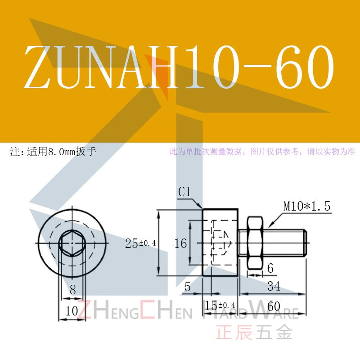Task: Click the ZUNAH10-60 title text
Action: click(179, 67)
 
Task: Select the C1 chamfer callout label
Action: click(184, 192)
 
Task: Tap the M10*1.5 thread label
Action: click(307, 206)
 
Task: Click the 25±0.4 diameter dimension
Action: click(140, 243)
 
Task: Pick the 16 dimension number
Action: click(181, 243)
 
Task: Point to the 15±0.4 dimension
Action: click(220, 306)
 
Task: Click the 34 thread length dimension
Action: click(274, 286)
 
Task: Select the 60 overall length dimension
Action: click(274, 306)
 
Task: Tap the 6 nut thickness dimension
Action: click(270, 268)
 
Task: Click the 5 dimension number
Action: click(188, 287)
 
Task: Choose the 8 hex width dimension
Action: click(72, 289)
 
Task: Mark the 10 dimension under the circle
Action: click(72, 311)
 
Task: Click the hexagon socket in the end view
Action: click(72, 243)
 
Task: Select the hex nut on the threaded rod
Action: click(255, 243)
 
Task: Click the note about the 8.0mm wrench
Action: click(53, 152)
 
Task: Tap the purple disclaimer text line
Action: click(262, 152)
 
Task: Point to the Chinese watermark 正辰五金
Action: click(254, 332)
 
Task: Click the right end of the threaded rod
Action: click(306, 243)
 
